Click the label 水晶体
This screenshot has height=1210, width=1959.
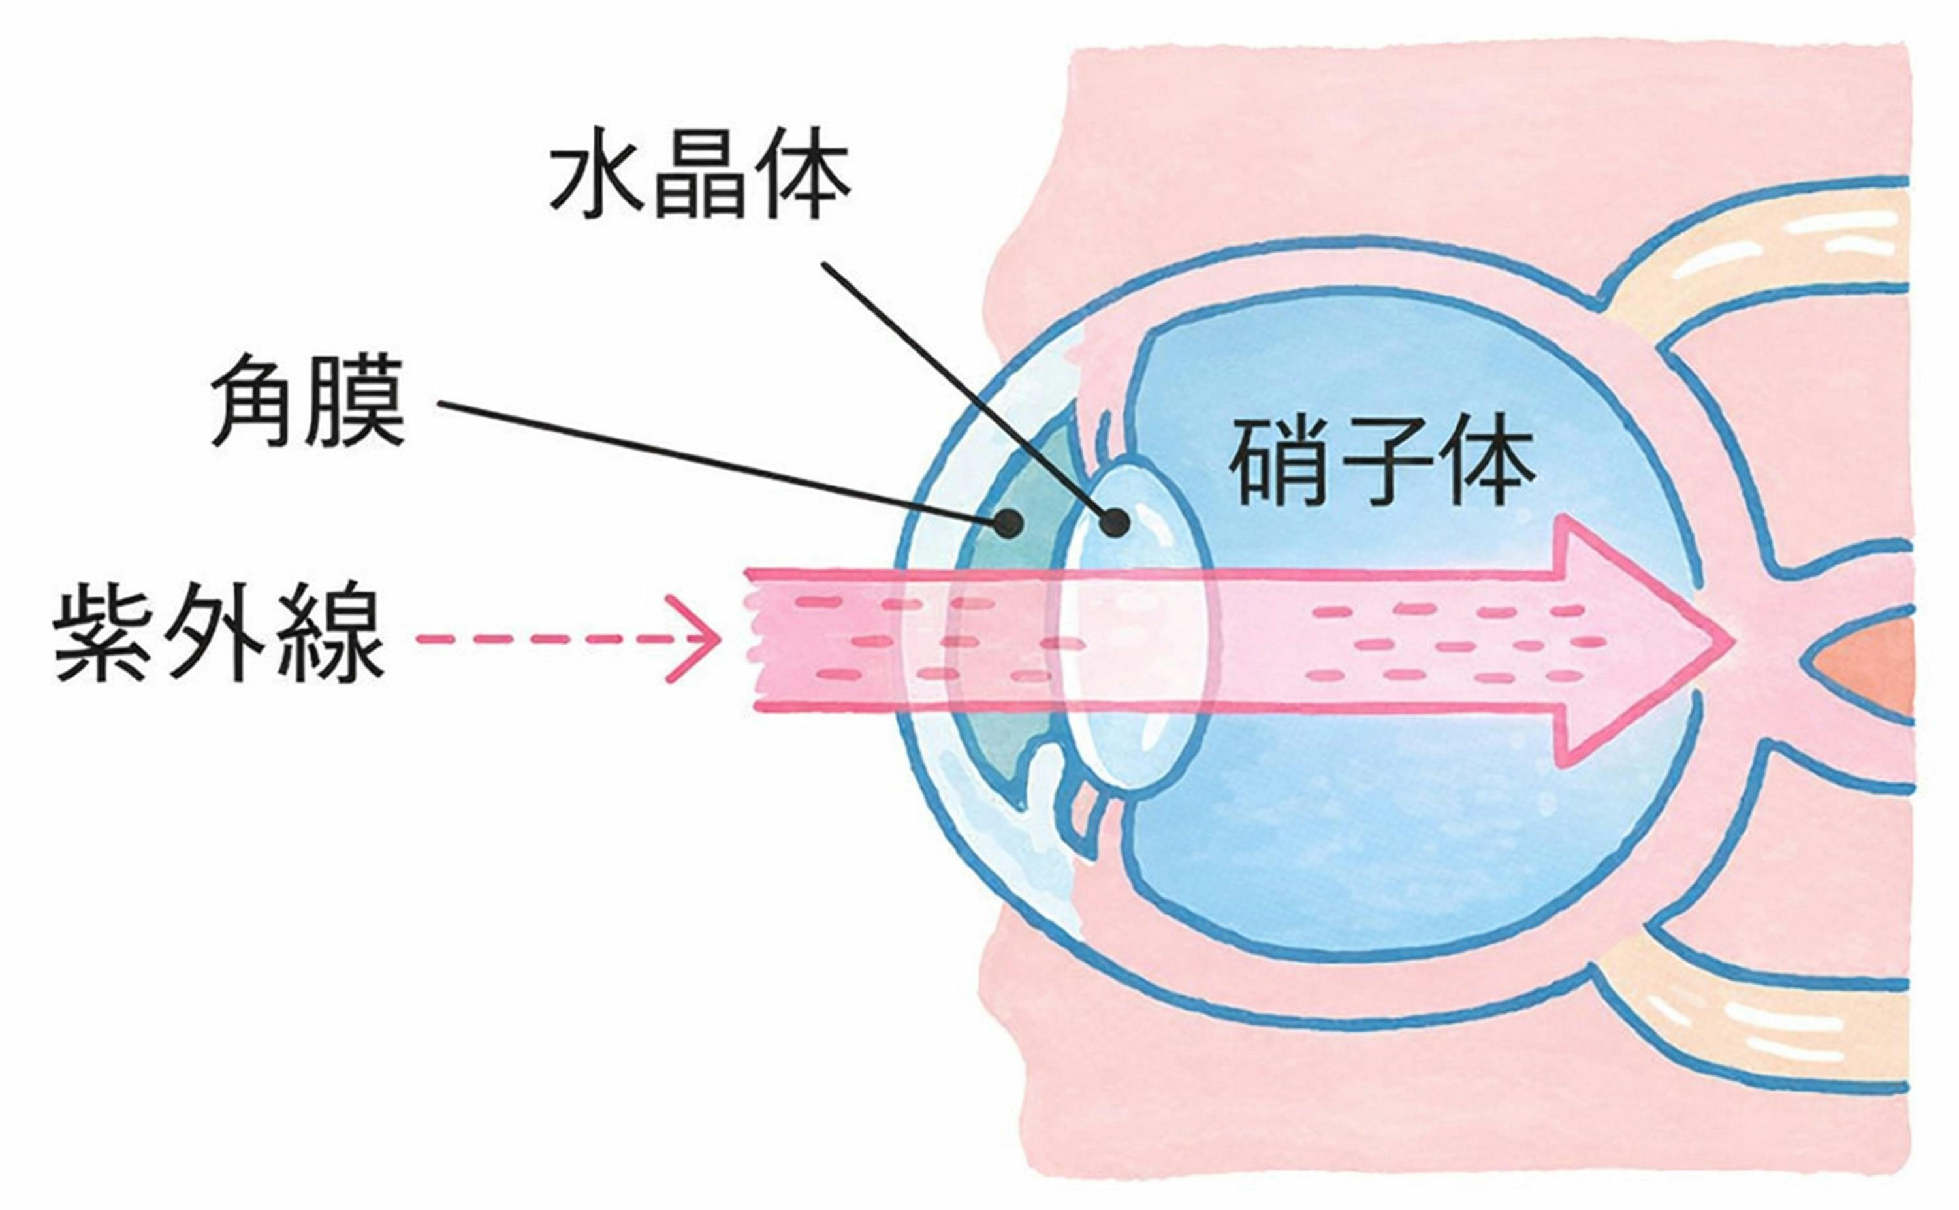tap(699, 183)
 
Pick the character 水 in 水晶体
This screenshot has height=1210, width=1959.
tap(596, 183)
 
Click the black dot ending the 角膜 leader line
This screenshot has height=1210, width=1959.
tap(1008, 523)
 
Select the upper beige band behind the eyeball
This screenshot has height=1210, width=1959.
tap(1760, 248)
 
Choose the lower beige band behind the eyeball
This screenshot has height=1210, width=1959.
tap(1760, 1028)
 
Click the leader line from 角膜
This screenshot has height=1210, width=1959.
tap(720, 464)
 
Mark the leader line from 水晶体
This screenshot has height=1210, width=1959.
tap(968, 392)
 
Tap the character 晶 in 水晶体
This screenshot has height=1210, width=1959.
tap(699, 183)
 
